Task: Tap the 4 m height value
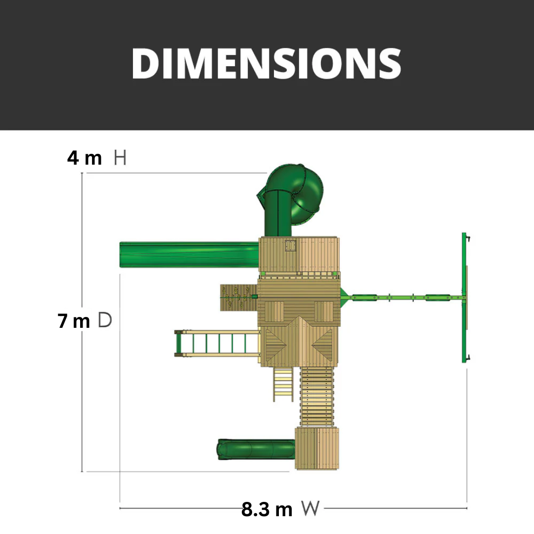(85, 158)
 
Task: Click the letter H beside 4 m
(120, 158)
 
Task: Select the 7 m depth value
(74, 321)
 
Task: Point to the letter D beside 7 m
(105, 320)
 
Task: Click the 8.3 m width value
(267, 509)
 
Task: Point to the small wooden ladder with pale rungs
(283, 384)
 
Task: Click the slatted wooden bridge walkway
(317, 396)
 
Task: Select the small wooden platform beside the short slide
(317, 448)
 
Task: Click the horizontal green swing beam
(405, 298)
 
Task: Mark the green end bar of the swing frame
(464, 297)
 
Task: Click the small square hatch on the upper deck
(290, 245)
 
